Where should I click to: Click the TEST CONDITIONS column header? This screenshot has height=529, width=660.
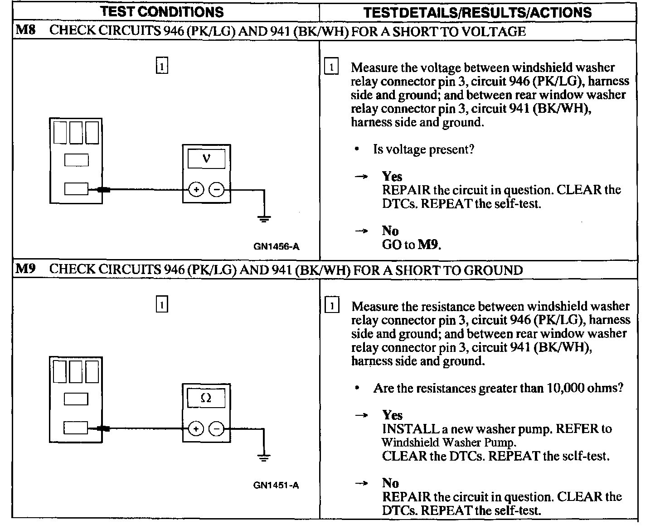162,12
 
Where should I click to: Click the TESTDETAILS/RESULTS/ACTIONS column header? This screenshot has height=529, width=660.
477,12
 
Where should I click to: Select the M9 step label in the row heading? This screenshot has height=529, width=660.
26,269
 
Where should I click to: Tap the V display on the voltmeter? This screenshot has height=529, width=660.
206,159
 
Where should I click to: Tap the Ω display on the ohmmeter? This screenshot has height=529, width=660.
206,398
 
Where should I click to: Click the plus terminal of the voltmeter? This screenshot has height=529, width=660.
196,190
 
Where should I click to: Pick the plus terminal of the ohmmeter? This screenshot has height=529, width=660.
196,428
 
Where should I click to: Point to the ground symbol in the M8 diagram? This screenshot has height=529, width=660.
264,219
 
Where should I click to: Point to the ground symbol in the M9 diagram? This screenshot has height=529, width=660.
264,457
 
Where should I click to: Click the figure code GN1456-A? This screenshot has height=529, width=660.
276,247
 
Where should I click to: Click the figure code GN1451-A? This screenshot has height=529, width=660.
276,486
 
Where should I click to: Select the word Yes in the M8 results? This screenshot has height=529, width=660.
392,176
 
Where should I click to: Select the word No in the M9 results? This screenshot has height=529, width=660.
390,483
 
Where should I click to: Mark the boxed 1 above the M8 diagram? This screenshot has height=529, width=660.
162,66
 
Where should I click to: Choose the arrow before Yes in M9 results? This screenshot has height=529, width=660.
361,415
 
